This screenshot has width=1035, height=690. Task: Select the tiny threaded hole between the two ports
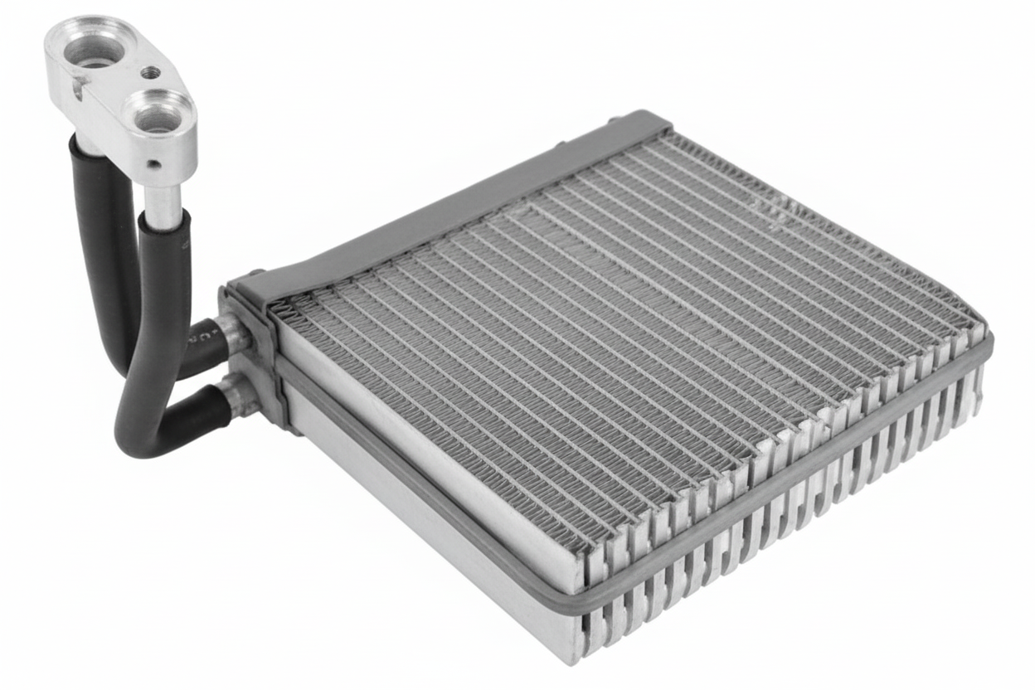(150, 73)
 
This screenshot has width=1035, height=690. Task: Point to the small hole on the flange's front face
(154, 164)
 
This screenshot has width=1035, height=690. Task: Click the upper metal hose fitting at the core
(231, 332)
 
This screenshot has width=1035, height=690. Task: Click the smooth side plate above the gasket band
(431, 448)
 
